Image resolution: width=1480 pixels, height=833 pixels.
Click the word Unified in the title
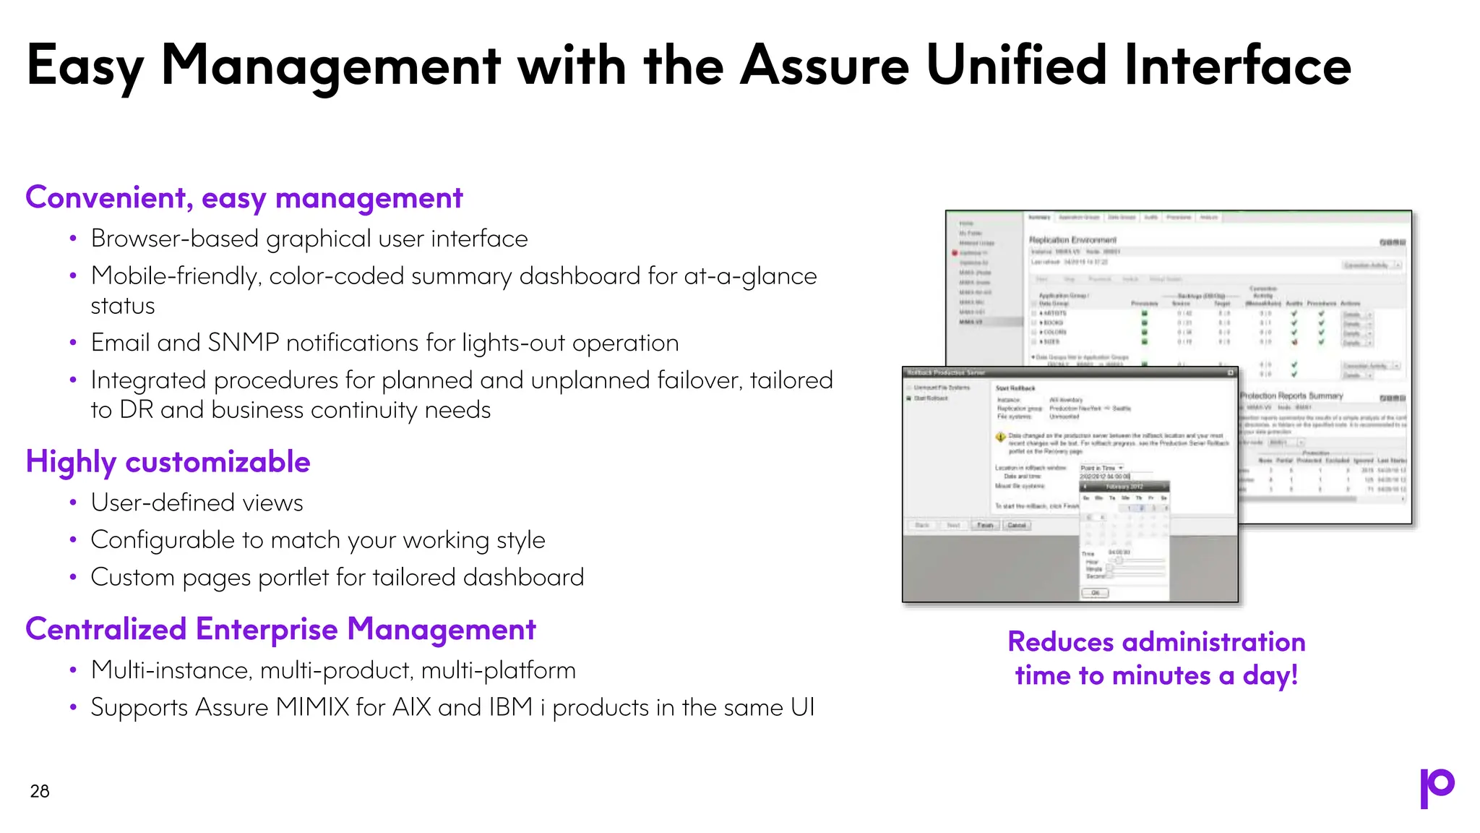click(x=1015, y=66)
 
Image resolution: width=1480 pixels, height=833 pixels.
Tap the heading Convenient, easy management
click(x=244, y=198)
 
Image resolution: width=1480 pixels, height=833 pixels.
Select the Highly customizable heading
click(x=168, y=462)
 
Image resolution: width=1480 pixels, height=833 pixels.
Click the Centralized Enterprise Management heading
click(x=280, y=629)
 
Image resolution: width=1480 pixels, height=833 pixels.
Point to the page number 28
click(x=40, y=791)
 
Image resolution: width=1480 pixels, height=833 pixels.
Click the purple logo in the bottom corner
click(x=1437, y=787)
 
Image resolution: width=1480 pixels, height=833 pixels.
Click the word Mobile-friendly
click(x=176, y=276)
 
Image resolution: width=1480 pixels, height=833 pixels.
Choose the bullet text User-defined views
click(x=197, y=503)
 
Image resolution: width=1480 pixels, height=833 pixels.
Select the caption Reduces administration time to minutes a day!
click(x=1156, y=659)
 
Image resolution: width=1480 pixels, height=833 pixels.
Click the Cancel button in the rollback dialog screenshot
click(x=1017, y=526)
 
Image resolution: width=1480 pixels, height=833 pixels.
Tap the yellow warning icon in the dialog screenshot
click(x=1001, y=436)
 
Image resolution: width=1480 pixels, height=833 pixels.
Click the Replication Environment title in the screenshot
click(x=1072, y=240)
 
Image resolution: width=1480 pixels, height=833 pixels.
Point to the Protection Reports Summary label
click(x=1291, y=396)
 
